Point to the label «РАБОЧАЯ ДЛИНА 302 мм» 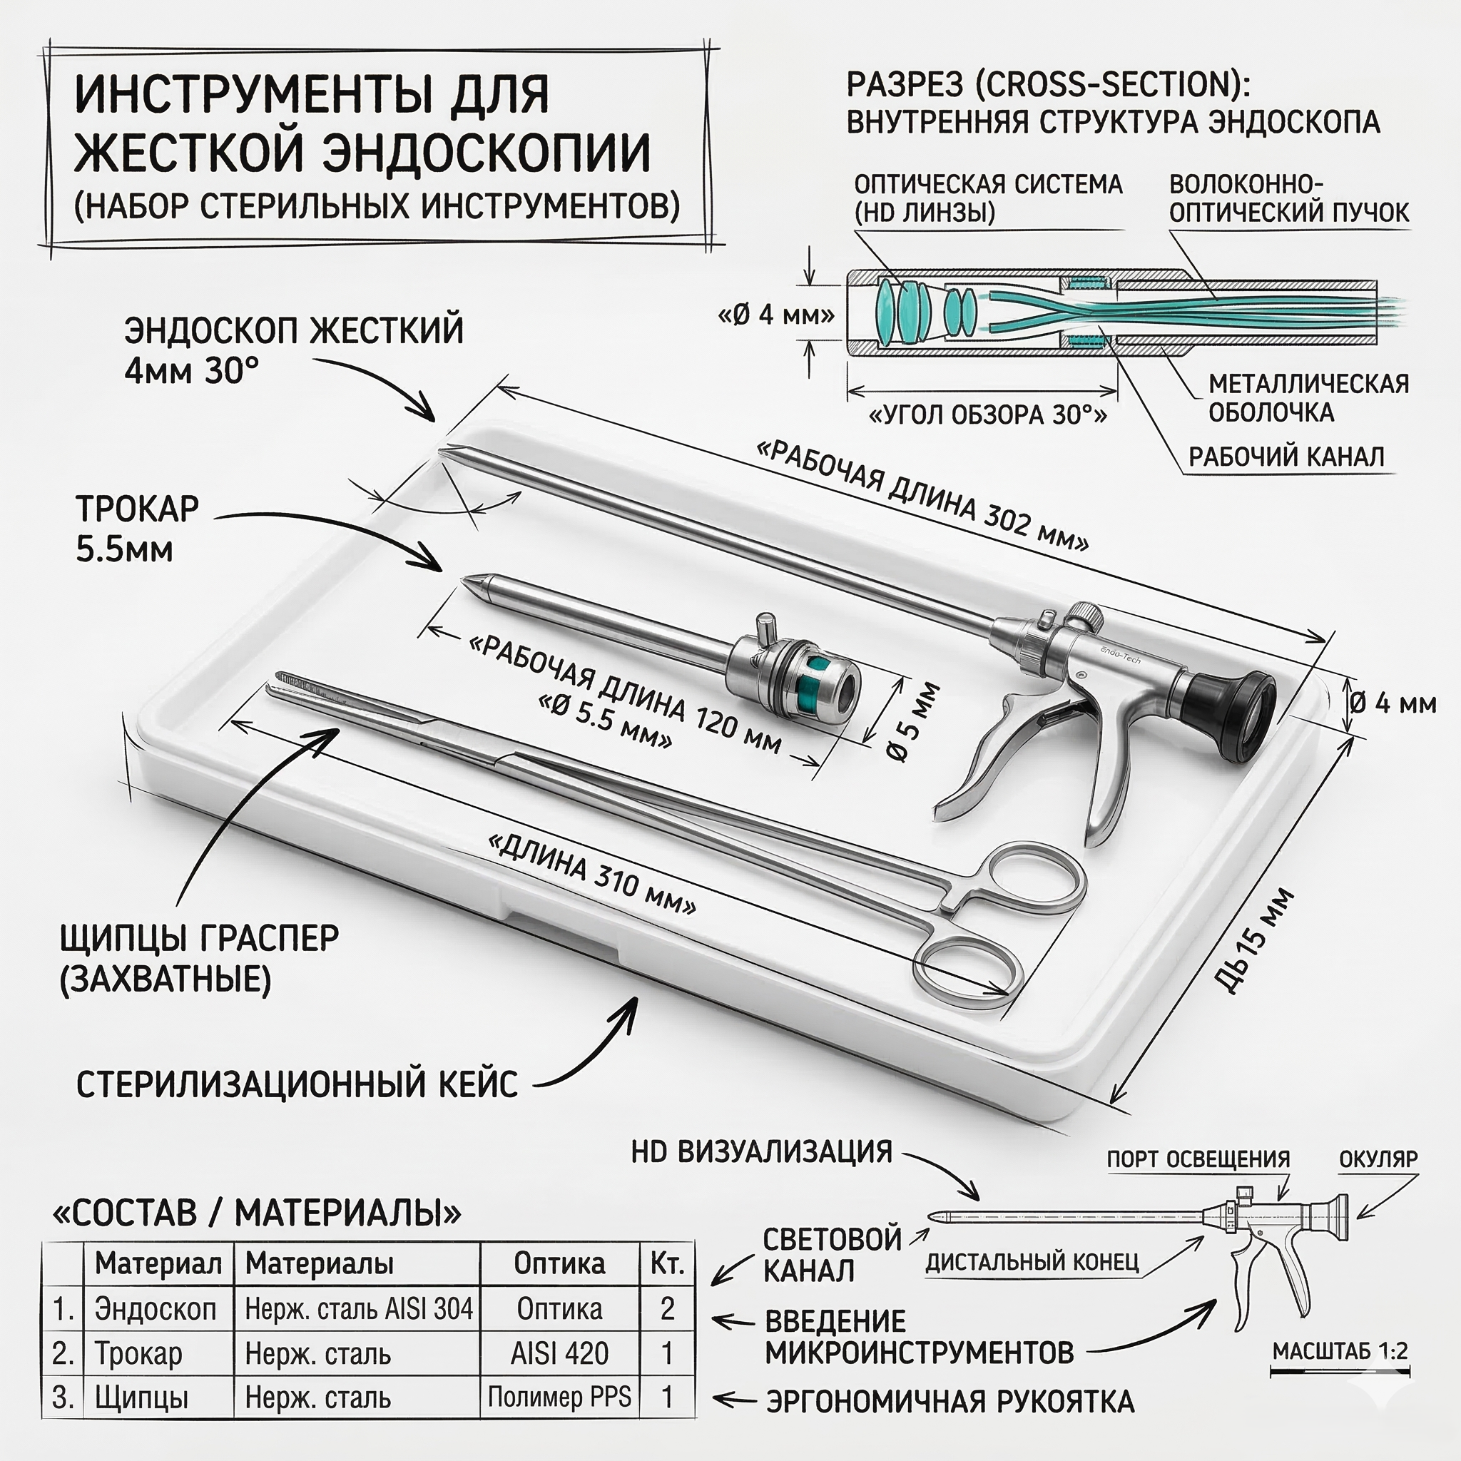(x=922, y=496)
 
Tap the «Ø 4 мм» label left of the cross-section (x=776, y=315)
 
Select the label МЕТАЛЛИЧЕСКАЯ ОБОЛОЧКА (x=1308, y=398)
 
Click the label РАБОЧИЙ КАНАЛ (x=1286, y=457)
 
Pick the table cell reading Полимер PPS (x=559, y=1397)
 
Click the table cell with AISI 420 (x=559, y=1353)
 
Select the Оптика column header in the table (x=559, y=1263)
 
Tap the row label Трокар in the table (x=138, y=1353)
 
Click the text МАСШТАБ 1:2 (x=1339, y=1350)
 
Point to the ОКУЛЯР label (x=1378, y=1159)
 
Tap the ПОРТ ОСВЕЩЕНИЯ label (x=1198, y=1159)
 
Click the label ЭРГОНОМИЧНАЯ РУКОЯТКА (x=950, y=1401)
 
